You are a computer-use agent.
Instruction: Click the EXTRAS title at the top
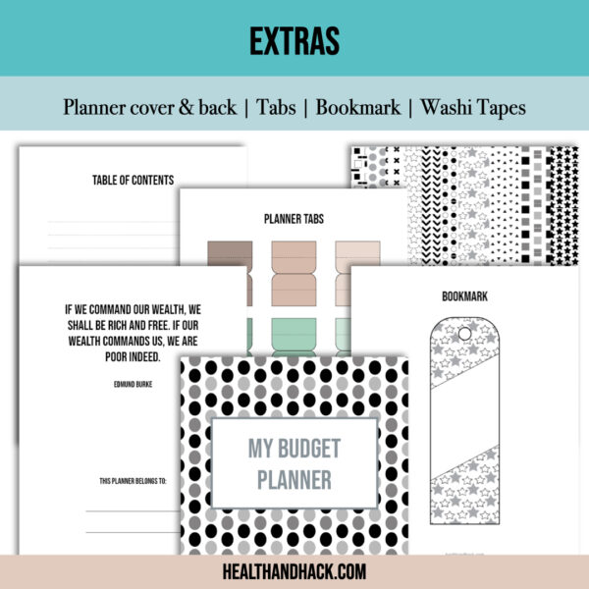[x=294, y=41]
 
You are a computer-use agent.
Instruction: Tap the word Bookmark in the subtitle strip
[x=358, y=107]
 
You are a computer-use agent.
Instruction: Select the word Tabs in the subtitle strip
[x=276, y=107]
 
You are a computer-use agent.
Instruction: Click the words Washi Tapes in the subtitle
[x=473, y=108]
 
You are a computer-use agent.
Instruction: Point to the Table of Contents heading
[x=133, y=181]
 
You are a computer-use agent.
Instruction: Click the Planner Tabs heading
[x=294, y=219]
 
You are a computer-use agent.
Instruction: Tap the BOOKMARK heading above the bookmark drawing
[x=464, y=296]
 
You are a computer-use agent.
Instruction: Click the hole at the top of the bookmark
[x=464, y=333]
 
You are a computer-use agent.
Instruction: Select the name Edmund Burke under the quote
[x=133, y=384]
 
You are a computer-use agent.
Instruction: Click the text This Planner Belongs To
[x=133, y=481]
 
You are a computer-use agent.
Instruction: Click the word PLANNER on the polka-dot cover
[x=294, y=480]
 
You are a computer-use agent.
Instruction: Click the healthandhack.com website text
[x=294, y=571]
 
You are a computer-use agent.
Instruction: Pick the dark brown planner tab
[x=230, y=254]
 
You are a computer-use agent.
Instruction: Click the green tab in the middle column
[x=294, y=334]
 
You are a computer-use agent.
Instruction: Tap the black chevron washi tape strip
[x=431, y=205]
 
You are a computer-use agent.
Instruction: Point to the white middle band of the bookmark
[x=464, y=418]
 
